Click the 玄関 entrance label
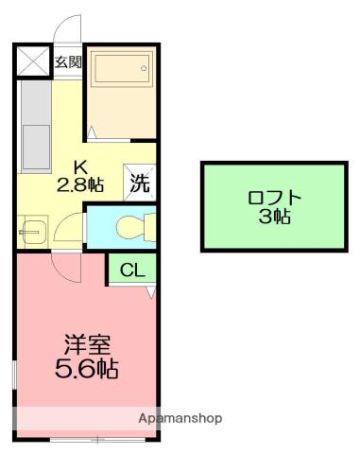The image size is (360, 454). click(67, 62)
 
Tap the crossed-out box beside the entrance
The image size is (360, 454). click(33, 61)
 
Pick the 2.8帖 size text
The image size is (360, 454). click(81, 185)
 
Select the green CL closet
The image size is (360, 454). click(133, 270)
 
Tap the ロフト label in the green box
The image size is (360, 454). click(274, 198)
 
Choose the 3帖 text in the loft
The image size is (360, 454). click(274, 217)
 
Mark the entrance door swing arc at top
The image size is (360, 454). click(67, 28)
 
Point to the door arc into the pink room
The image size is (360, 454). click(66, 267)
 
